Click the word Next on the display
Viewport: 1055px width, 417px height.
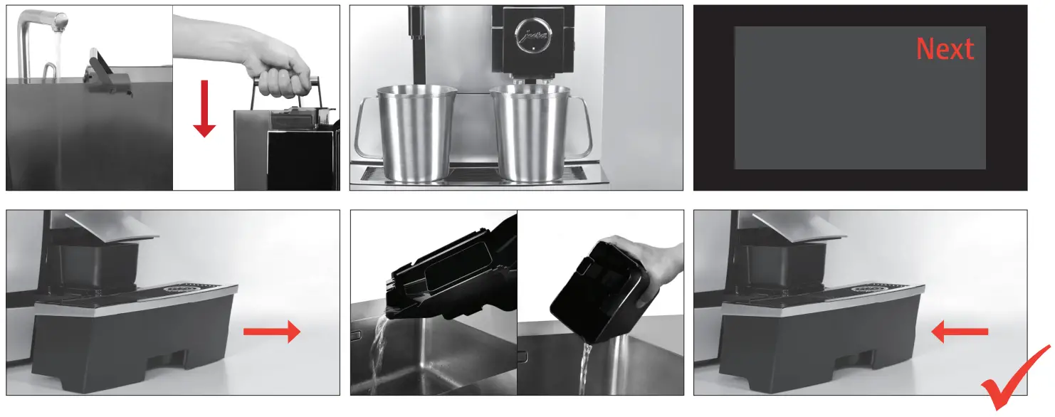tap(945, 49)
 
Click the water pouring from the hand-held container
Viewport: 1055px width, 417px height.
tap(585, 366)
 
